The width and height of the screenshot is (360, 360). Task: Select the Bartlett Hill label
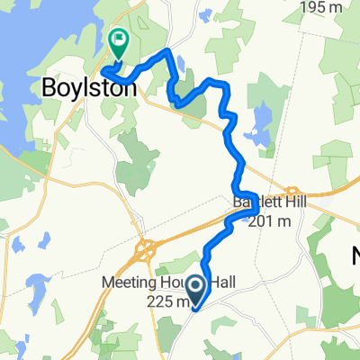point(270,202)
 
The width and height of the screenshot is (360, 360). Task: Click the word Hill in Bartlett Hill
point(293,202)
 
